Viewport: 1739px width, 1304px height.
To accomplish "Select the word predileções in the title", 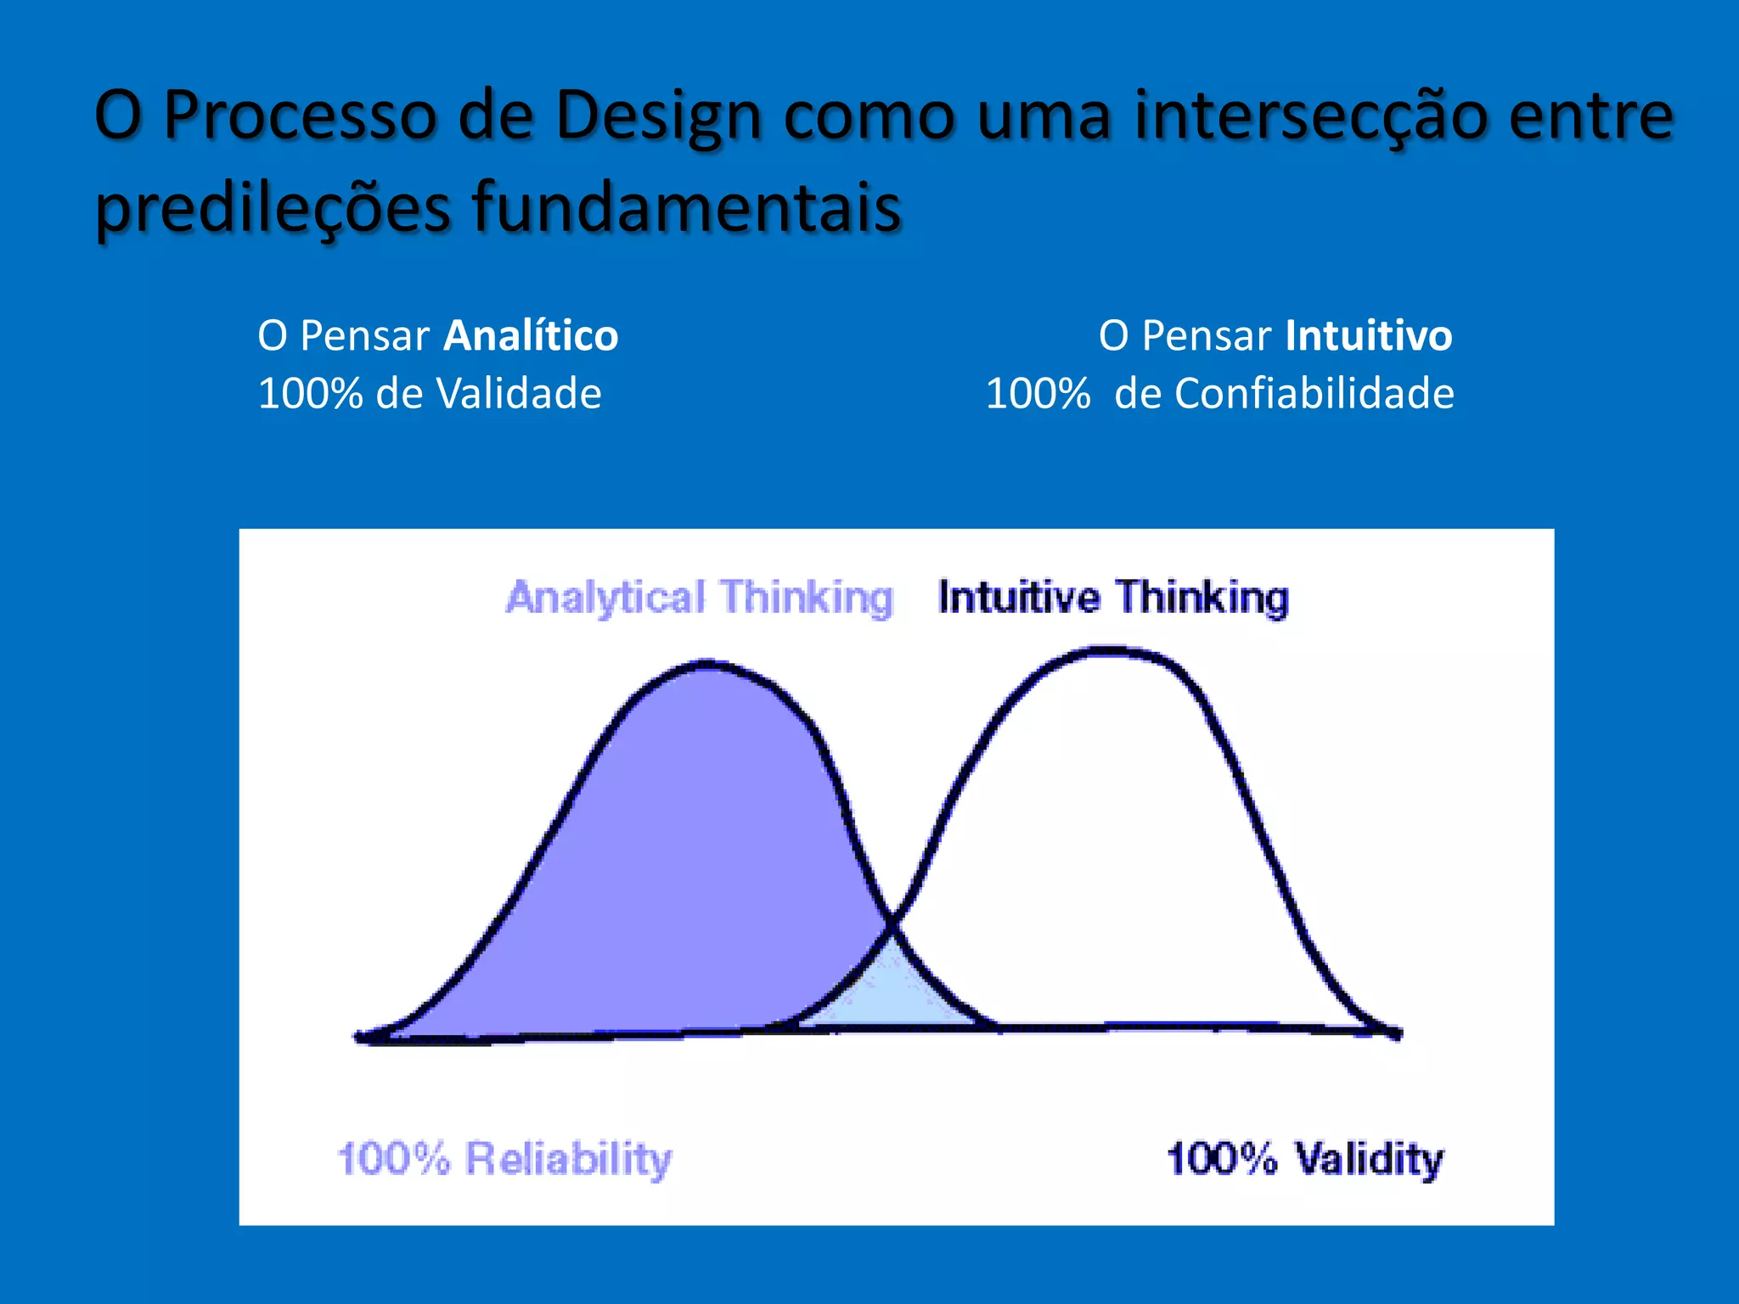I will click(272, 208).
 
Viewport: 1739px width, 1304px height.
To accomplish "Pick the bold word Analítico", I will click(532, 335).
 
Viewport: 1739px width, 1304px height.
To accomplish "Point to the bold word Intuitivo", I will click(1369, 335).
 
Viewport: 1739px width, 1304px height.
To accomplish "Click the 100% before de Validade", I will click(310, 394).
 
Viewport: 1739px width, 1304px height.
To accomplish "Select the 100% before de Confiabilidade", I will click(1038, 394).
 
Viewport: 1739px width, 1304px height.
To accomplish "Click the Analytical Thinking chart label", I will click(699, 597).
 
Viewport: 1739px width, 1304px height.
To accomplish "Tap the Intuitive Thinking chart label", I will click(1113, 597).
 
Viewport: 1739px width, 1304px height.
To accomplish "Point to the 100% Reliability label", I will click(504, 1158).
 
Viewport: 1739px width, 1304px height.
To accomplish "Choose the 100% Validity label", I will click(1304, 1158).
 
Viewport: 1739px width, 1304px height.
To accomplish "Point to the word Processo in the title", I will click(299, 115).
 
